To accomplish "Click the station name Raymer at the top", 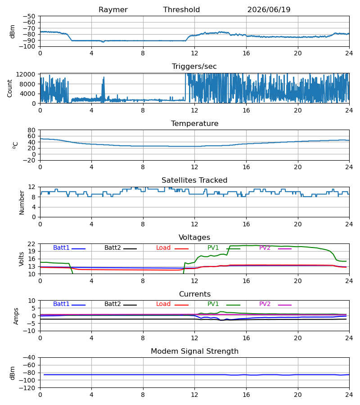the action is click(x=113, y=10).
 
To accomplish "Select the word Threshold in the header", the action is click(x=181, y=9).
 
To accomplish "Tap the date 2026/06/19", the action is click(x=269, y=10).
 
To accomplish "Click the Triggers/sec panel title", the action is click(x=194, y=67).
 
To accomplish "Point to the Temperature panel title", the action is click(x=194, y=123).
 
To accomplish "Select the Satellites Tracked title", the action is click(x=194, y=180).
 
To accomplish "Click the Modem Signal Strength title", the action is click(x=194, y=351).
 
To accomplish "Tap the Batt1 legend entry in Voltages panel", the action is click(x=69, y=247).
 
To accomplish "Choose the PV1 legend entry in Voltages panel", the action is click(x=224, y=247).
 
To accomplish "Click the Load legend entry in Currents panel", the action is click(x=172, y=304).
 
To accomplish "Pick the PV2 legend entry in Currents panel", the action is click(x=275, y=304).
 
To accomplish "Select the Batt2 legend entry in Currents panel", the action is click(x=121, y=304).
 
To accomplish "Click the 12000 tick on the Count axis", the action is click(x=26, y=74).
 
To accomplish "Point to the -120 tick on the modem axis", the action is click(x=29, y=388).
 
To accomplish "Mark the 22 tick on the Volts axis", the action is click(x=31, y=244).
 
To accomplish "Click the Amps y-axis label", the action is click(x=16, y=316).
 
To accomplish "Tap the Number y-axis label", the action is click(x=22, y=202).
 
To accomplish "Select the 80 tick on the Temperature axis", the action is click(x=31, y=130).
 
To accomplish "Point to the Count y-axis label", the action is click(x=10, y=88).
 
